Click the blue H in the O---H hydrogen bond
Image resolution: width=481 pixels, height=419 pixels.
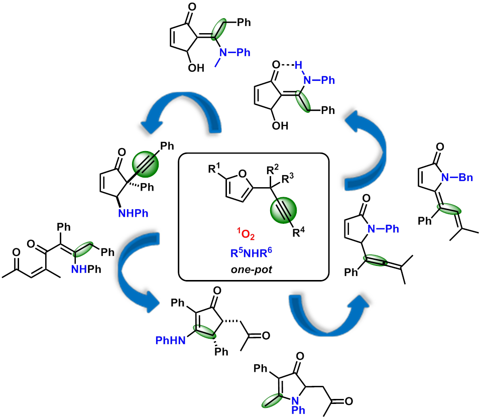297,65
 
